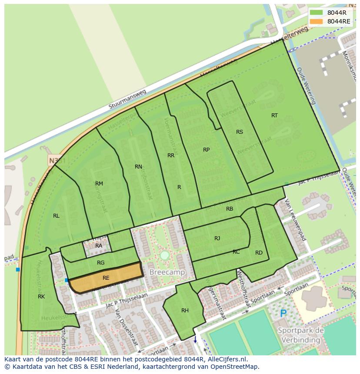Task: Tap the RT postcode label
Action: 274,116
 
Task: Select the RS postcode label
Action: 240,132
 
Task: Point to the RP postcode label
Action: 206,150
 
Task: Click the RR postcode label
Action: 171,156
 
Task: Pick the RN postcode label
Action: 138,167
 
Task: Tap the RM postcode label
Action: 99,184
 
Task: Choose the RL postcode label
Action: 56,216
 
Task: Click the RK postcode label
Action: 41,297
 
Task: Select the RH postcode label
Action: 185,311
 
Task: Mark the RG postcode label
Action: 101,263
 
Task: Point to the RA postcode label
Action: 99,246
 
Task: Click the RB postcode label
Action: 230,209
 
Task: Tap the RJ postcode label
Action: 217,238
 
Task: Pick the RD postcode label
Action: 259,253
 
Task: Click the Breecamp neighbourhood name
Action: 167,272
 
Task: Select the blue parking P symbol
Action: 283,313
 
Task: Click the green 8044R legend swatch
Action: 317,13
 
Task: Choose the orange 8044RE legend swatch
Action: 317,21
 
